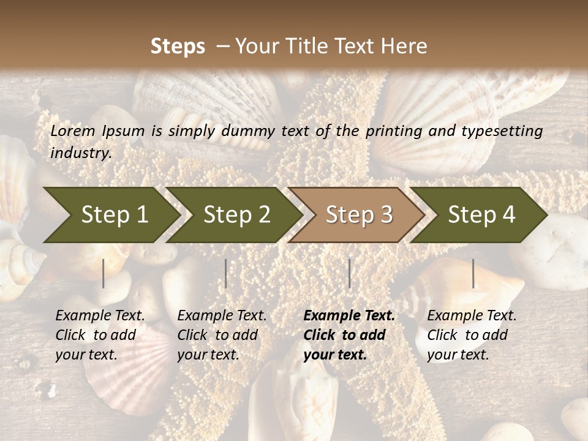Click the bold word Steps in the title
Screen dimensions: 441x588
pos(178,47)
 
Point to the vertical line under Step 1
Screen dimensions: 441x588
pos(104,273)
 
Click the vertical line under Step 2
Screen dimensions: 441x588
pos(226,273)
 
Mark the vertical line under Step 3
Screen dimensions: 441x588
pos(350,273)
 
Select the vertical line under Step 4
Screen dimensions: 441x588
pos(473,273)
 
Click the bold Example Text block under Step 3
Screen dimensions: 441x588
pos(349,335)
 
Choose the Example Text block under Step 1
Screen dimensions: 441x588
pos(100,335)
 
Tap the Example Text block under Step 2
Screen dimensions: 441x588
pos(222,335)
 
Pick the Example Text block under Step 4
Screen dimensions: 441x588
pos(472,335)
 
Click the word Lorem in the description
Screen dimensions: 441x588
pos(73,131)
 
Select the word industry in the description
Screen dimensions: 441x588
pos(80,153)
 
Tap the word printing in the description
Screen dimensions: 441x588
pos(396,131)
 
